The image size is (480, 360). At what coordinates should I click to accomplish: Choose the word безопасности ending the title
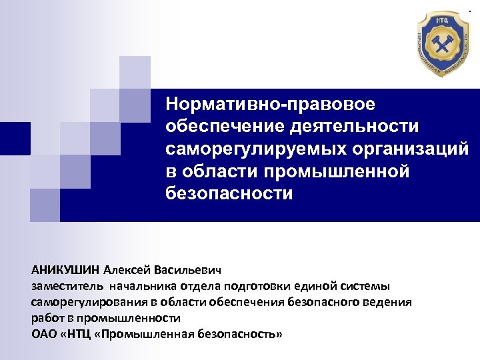coord(229,193)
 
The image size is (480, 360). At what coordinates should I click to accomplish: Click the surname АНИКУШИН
coord(65,271)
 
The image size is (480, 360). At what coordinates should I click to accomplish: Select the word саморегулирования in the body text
coord(84,303)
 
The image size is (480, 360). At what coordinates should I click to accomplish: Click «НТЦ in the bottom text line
coord(77,333)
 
